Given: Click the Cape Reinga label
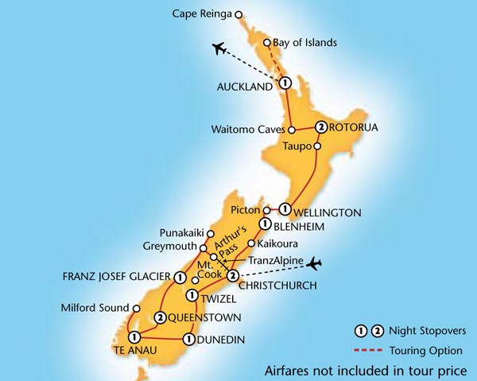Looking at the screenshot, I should click(x=203, y=14).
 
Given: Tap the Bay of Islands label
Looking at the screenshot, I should click(x=304, y=42).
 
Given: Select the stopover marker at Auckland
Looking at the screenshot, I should click(x=284, y=84).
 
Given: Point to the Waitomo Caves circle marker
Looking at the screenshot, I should click(x=292, y=129).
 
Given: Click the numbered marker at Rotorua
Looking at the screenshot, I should click(x=320, y=126).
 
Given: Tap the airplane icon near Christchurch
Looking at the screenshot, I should click(x=317, y=262).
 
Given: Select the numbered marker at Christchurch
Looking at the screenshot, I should click(x=232, y=276).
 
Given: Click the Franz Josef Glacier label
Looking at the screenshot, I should click(x=114, y=278).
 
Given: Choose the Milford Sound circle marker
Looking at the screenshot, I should click(x=136, y=308).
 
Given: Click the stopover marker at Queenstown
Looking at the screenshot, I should click(x=161, y=318).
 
